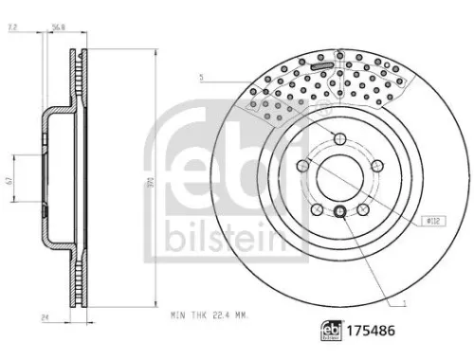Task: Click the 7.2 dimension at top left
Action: tap(12, 29)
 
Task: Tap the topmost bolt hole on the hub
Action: tap(338, 141)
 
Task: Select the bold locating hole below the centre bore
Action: tap(338, 210)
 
